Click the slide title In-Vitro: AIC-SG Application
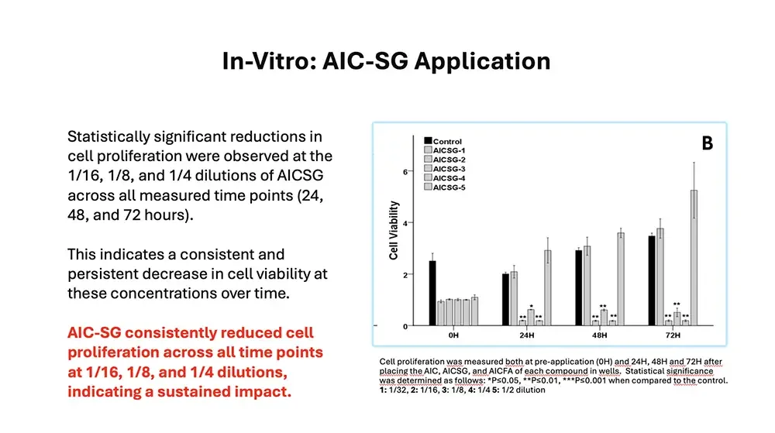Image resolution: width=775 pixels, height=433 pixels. pyautogui.click(x=386, y=61)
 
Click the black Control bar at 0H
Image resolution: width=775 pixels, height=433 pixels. pyautogui.click(x=432, y=294)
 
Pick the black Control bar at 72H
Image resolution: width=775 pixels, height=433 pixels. pyautogui.click(x=652, y=280)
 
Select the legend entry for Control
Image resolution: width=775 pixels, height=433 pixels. pyautogui.click(x=446, y=141)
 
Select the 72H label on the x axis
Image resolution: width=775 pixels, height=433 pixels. pyautogui.click(x=673, y=335)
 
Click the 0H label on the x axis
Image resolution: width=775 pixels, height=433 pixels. pyautogui.click(x=453, y=335)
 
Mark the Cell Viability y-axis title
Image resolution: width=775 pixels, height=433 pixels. pyautogui.click(x=394, y=230)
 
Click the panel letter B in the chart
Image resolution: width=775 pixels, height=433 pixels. pyautogui.click(x=707, y=144)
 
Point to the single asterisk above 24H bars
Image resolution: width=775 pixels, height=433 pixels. pyautogui.click(x=531, y=305)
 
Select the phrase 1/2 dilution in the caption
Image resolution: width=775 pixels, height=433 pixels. pyautogui.click(x=520, y=390)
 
